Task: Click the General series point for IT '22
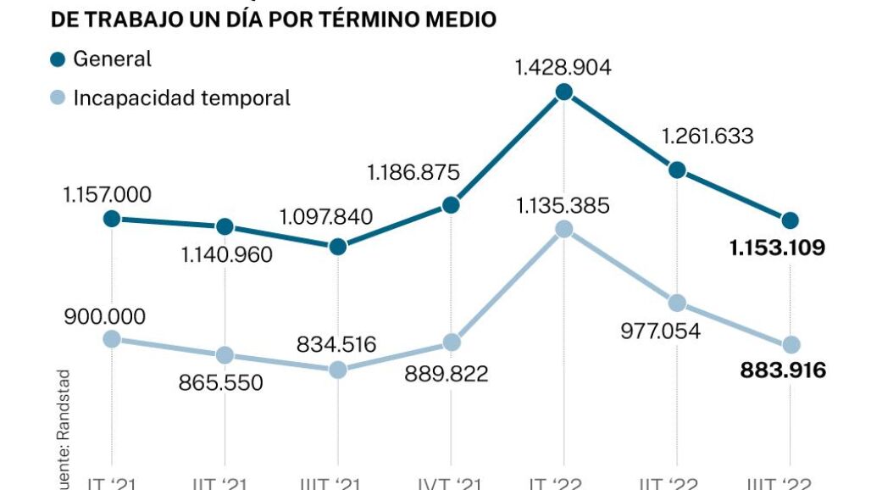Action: pos(564,92)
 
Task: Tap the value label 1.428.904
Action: pos(563,67)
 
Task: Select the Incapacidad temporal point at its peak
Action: pos(564,230)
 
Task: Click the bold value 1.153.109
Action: pos(777,248)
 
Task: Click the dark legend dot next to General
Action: pos(58,59)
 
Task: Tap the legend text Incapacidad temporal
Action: pos(181,97)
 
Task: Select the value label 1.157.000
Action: pos(107,194)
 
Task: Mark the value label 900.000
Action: pos(104,316)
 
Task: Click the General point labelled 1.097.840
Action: pos(338,247)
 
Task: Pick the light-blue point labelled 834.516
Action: pos(338,370)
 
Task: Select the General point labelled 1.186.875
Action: pos(451,205)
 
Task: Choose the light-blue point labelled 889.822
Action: pos(451,342)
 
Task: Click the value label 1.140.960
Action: pos(226,253)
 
